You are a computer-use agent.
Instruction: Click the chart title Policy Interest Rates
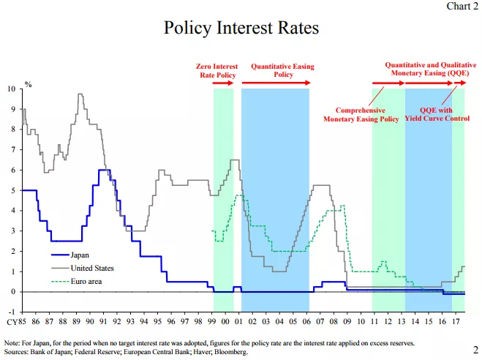(x=241, y=29)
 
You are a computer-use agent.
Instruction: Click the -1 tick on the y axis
(x=12, y=312)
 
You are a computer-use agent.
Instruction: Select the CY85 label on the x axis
(x=16, y=322)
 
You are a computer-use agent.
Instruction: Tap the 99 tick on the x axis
(x=212, y=322)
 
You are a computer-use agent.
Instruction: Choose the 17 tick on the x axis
(x=456, y=322)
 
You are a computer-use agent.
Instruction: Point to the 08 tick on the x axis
(x=334, y=322)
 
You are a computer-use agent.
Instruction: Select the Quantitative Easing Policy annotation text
(x=282, y=70)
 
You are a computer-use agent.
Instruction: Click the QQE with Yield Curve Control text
(x=440, y=113)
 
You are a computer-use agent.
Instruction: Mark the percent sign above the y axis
(x=29, y=84)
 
